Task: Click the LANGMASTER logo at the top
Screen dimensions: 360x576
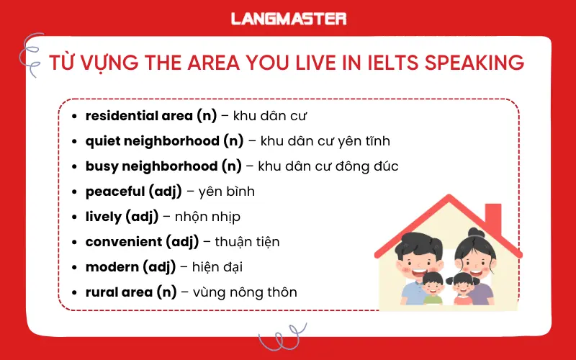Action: tap(288, 19)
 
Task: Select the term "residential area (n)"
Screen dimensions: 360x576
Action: tap(140, 115)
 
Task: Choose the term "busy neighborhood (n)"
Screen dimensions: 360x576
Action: tap(163, 166)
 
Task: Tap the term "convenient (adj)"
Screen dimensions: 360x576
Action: tap(142, 242)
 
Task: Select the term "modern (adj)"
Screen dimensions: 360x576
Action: tap(130, 267)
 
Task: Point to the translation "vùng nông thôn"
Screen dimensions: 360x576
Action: tap(246, 292)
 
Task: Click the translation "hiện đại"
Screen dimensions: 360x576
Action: tap(217, 267)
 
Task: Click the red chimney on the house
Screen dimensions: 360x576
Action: tap(493, 216)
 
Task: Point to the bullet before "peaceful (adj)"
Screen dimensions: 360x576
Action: tap(76, 192)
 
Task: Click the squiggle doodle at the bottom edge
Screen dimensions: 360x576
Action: tap(282, 338)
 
